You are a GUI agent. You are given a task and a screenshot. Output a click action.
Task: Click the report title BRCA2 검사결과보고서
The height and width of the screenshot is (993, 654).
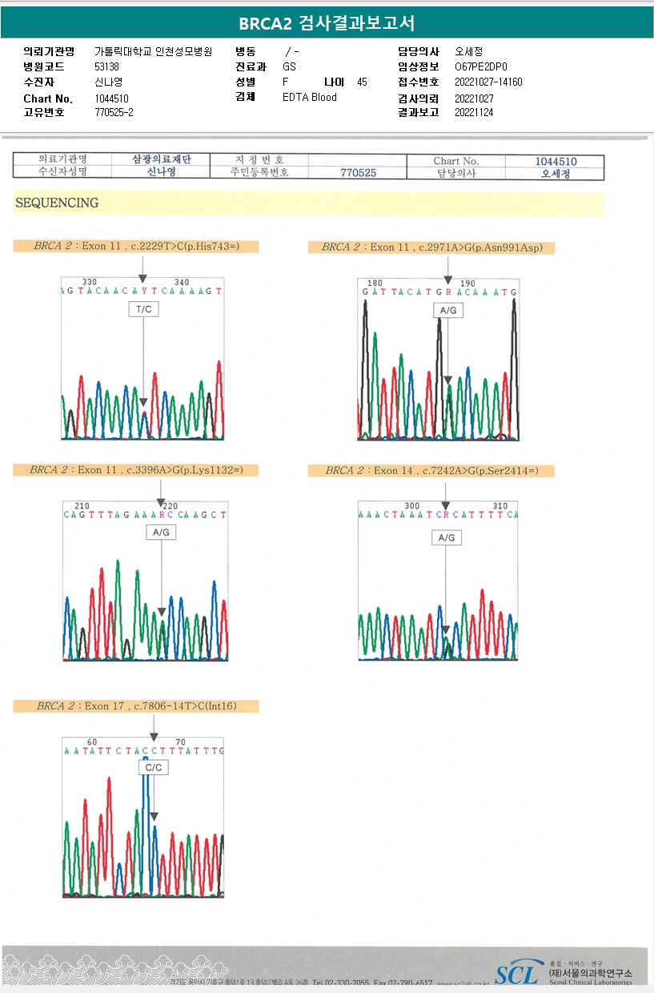327,23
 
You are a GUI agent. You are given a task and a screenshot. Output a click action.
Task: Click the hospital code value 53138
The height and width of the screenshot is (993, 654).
106,66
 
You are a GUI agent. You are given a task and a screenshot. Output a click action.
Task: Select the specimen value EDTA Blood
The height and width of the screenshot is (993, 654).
310,97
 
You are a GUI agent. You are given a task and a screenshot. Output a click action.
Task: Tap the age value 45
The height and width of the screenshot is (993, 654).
362,82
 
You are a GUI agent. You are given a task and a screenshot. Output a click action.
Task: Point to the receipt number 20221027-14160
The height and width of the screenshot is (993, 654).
488,82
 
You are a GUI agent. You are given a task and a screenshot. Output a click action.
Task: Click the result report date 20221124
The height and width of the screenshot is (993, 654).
474,112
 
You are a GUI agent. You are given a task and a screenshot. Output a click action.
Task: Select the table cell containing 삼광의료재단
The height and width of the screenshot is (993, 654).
161,160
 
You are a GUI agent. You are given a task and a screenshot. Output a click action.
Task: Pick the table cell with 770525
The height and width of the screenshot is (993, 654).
358,172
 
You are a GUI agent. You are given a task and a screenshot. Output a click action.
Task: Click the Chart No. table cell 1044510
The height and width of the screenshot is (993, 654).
556,161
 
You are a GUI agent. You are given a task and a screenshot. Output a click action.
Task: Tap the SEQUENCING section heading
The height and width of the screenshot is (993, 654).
57,203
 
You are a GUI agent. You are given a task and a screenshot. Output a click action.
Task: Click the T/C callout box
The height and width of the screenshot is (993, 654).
144,309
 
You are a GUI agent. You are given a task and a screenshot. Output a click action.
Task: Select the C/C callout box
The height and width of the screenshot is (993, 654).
154,767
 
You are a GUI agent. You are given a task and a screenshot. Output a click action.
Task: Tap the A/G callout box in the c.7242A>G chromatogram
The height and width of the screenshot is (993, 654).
446,537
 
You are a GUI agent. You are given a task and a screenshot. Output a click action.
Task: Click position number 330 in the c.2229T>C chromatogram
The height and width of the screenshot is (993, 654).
90,282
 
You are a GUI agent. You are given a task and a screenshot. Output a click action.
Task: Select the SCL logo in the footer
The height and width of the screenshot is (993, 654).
516,974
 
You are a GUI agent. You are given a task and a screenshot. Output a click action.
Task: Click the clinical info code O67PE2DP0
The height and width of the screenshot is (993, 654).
480,67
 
